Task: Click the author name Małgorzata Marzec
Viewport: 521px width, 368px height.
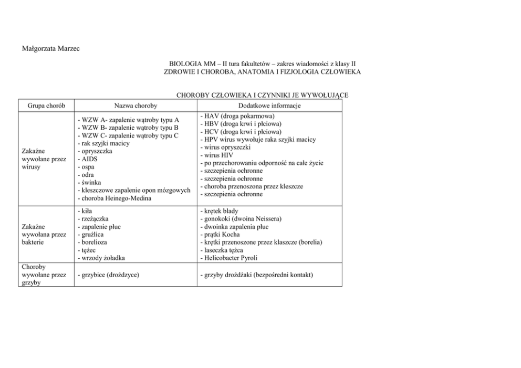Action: (50, 49)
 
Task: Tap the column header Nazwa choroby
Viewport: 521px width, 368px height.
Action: (136, 106)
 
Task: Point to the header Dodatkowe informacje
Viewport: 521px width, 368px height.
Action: (270, 106)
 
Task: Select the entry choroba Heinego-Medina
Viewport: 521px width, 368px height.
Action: (114, 198)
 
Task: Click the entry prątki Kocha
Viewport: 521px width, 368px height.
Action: (220, 235)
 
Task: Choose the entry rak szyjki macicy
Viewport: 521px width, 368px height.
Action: (103, 143)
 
